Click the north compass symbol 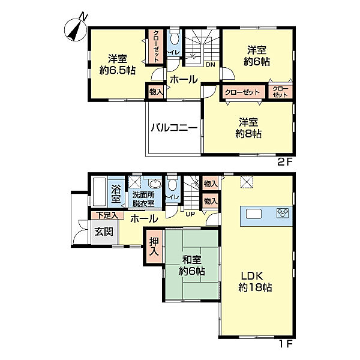point(76,29)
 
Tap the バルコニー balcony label point(174,128)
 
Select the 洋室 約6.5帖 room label point(118,65)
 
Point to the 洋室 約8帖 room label point(248,128)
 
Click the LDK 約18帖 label point(255,281)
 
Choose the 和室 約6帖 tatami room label point(192,265)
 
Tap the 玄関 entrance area point(104,232)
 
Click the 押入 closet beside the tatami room point(154,247)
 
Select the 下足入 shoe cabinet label point(107,215)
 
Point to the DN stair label point(211,65)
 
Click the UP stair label point(190,214)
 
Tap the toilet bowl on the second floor point(175,38)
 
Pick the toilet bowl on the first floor point(172,184)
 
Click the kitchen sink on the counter point(254,214)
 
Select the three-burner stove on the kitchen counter point(283,213)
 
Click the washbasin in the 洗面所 point(155,184)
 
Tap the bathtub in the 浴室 point(100,191)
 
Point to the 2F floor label point(285,163)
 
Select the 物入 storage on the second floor point(156,92)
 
